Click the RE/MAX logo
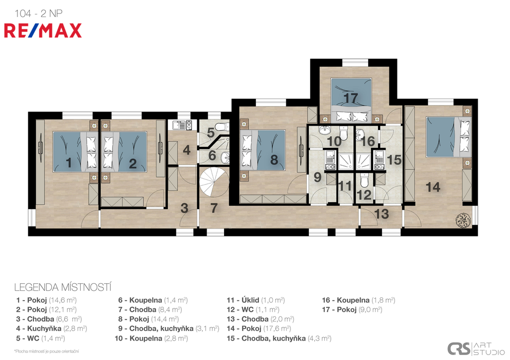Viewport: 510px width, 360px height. (x=43, y=30)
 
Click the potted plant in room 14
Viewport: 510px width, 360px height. (x=463, y=220)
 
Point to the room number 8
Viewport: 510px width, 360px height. (x=274, y=160)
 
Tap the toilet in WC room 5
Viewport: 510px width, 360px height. (x=223, y=126)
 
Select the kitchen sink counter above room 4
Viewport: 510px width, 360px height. (x=181, y=125)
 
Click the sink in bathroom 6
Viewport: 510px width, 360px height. (x=225, y=158)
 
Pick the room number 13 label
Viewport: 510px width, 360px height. (x=381, y=214)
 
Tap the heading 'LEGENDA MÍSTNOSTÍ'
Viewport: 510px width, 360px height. (x=63, y=287)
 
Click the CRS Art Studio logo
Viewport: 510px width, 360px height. (x=476, y=349)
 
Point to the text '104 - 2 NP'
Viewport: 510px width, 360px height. (x=38, y=13)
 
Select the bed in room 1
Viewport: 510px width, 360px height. (x=75, y=151)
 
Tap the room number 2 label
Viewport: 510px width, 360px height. (x=132, y=164)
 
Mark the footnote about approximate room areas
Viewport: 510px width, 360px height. (x=46, y=351)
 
